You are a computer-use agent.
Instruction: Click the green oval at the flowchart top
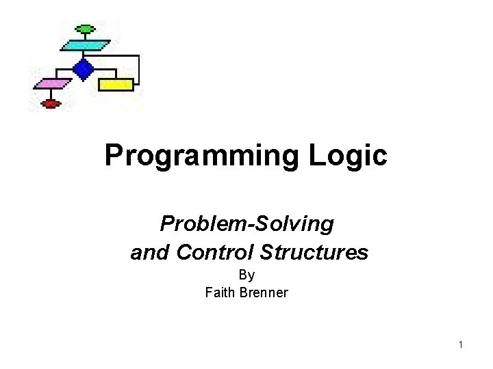(84, 29)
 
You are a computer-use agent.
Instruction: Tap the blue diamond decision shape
(84, 68)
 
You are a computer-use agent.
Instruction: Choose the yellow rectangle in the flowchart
(116, 85)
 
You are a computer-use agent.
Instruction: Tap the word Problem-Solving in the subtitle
(246, 223)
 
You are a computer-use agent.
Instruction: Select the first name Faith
(220, 292)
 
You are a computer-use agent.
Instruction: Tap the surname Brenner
(262, 292)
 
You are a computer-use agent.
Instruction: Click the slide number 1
(462, 344)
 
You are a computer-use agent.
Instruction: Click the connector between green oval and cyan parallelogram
(84, 36)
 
